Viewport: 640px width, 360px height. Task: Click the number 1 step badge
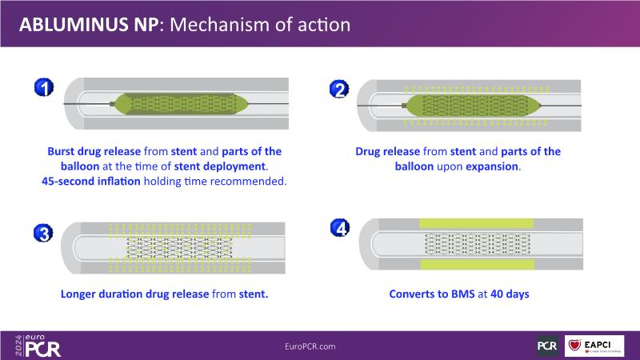[44, 87]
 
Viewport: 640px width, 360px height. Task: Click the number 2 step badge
[339, 90]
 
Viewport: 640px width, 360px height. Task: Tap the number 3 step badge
[44, 234]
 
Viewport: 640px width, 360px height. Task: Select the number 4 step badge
[340, 227]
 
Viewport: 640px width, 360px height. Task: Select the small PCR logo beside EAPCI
[547, 346]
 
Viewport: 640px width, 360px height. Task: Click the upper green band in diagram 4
[478, 222]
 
